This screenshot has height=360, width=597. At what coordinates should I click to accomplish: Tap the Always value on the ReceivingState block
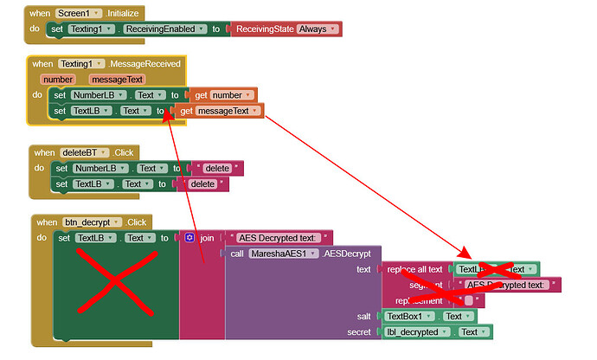pos(317,29)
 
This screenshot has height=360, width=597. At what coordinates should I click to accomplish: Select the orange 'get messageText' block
pos(219,111)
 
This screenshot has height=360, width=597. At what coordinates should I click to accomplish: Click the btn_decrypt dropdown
pos(92,222)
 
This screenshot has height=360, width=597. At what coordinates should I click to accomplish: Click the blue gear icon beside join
pos(189,237)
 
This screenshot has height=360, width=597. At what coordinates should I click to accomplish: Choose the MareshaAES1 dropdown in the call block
pos(282,254)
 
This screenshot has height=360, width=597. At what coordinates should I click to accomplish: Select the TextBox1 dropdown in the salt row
pos(410,316)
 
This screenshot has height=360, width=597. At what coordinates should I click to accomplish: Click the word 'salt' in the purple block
pos(363,316)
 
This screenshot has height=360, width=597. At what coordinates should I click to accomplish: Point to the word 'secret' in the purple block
pos(359,331)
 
